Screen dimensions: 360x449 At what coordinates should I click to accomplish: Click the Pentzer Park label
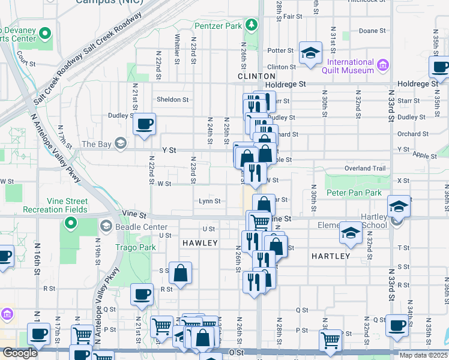tap(219, 26)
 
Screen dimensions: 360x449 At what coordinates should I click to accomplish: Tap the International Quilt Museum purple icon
tap(382, 63)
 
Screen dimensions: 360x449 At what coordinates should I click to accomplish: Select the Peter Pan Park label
tap(354, 193)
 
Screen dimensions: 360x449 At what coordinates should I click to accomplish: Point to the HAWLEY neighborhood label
tap(199, 242)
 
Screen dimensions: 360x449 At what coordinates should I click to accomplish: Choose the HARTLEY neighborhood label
tap(331, 256)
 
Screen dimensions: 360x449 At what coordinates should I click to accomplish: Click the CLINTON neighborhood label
tap(256, 76)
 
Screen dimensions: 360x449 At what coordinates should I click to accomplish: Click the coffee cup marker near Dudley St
tap(144, 125)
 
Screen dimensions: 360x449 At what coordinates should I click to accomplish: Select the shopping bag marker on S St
tap(180, 274)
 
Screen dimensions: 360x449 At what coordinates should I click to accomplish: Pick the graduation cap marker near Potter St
tap(311, 53)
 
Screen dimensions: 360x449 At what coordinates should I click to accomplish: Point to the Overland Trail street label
tap(366, 169)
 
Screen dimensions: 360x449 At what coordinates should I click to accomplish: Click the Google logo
tap(20, 353)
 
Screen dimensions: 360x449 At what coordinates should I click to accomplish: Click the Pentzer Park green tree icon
tap(253, 25)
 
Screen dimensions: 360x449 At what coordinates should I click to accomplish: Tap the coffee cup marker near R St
tap(142, 295)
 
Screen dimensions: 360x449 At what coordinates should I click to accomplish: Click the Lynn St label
tap(209, 202)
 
